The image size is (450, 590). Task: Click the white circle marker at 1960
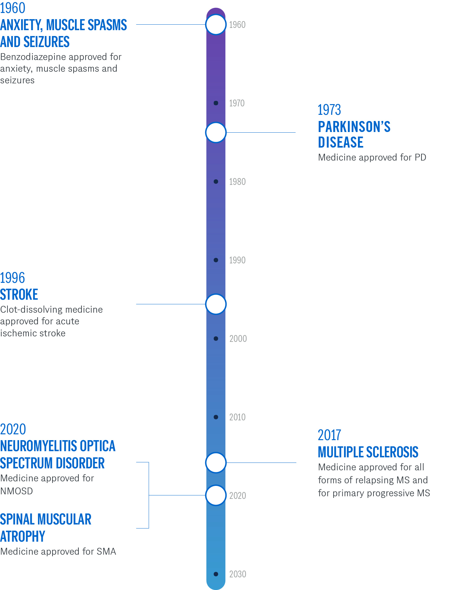tap(216, 24)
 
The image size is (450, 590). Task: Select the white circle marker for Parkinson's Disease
tap(216, 132)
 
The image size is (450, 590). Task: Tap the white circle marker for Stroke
tap(216, 304)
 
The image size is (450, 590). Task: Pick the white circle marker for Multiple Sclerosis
tap(216, 463)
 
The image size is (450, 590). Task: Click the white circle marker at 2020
tap(216, 495)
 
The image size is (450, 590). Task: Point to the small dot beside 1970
tap(216, 103)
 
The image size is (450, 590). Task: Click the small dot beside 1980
tap(216, 182)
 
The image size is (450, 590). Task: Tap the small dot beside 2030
tap(216, 574)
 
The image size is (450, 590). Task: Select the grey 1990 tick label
tap(237, 260)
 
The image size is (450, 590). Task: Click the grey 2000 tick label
tap(238, 339)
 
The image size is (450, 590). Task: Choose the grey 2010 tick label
tap(237, 417)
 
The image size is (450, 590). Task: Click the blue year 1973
tap(329, 110)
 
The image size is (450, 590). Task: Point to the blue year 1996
tap(12, 278)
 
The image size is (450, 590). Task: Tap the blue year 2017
tap(329, 435)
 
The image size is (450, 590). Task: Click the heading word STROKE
tap(19, 295)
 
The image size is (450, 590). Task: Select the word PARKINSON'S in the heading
tap(354, 127)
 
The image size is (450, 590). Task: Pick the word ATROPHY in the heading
tap(22, 536)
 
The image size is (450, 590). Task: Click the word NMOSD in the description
tap(17, 491)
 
